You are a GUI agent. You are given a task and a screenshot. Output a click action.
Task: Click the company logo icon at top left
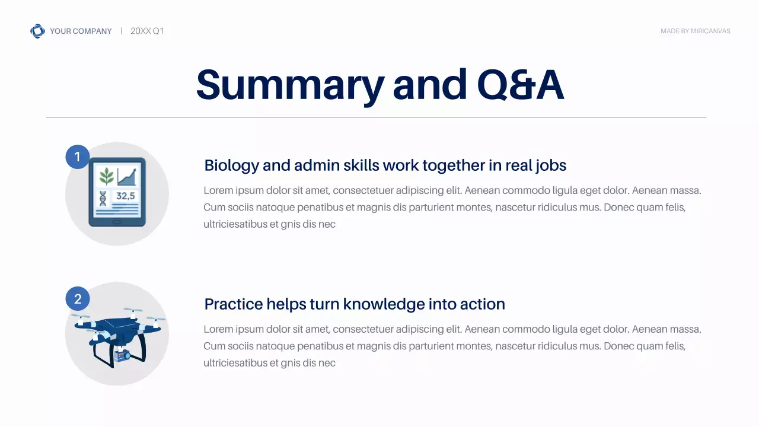pos(37,31)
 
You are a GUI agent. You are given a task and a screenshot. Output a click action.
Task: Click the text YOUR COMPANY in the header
pos(81,31)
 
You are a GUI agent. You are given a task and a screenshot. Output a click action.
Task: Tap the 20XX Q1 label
pos(147,31)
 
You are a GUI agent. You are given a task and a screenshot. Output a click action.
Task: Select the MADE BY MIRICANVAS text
pos(695,31)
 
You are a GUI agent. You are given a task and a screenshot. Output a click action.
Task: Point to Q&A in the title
pos(520,84)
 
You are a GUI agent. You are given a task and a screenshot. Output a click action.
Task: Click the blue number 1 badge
pos(77,157)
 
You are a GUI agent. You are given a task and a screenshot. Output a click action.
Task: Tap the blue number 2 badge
pos(77,298)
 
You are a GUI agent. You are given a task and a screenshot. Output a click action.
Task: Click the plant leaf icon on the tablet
pos(107,176)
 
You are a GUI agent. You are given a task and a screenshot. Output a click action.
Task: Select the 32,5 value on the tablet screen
pos(126,196)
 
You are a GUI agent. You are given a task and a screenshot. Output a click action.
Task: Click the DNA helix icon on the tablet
pos(103,197)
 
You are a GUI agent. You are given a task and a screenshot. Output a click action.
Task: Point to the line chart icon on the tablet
pos(127,176)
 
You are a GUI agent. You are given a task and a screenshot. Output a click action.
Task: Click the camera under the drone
pos(123,356)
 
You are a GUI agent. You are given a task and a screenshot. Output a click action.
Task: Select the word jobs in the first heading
pos(550,165)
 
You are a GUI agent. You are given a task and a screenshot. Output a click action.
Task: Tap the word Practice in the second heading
pos(233,304)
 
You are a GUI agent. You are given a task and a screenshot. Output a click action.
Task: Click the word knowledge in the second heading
pos(384,304)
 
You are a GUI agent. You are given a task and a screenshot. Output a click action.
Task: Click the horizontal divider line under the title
pos(376,118)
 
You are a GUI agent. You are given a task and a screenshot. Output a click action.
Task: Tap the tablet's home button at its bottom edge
pos(117,222)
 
